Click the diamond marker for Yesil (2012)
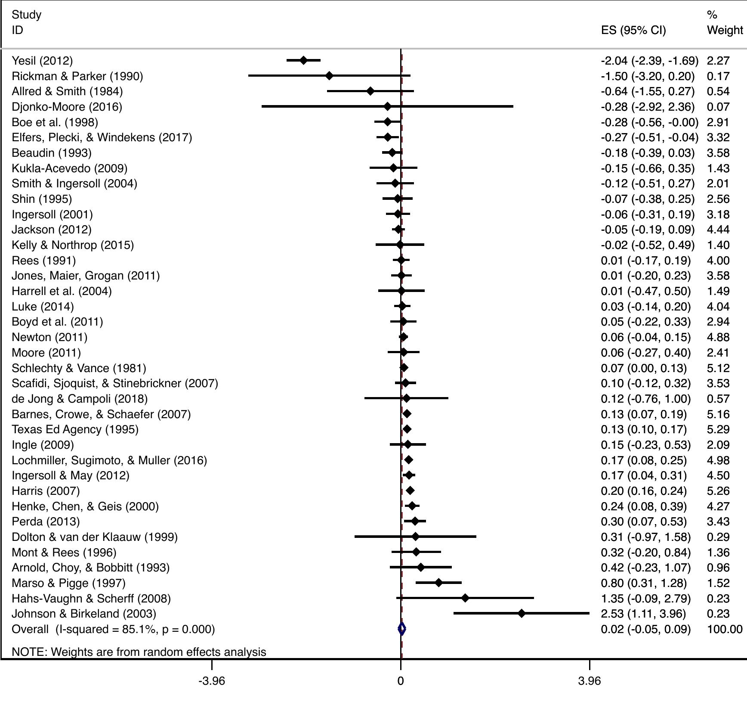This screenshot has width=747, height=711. (x=303, y=60)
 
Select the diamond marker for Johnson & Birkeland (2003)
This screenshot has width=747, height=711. (x=522, y=613)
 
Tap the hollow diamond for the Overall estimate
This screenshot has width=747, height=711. (x=401, y=629)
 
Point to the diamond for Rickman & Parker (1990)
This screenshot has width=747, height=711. (x=329, y=76)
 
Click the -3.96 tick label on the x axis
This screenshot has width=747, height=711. (x=212, y=681)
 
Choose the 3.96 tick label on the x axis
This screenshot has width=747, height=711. (x=589, y=681)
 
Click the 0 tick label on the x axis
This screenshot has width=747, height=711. (x=401, y=681)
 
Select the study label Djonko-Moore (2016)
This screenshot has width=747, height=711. (x=67, y=107)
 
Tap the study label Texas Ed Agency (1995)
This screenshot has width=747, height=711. (x=75, y=429)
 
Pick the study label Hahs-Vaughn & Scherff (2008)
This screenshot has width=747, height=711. (x=91, y=599)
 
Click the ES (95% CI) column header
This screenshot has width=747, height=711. (x=633, y=30)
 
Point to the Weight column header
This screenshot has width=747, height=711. (x=725, y=30)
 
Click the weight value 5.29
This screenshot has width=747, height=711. (x=718, y=429)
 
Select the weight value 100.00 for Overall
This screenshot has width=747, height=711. (x=725, y=629)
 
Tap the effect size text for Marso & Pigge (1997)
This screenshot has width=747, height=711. (x=644, y=583)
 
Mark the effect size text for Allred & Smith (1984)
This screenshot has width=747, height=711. (x=648, y=91)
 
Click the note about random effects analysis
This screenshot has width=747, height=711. (x=139, y=652)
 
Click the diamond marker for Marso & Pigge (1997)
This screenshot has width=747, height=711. (x=438, y=583)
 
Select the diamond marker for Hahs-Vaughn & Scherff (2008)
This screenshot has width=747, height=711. (x=465, y=598)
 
